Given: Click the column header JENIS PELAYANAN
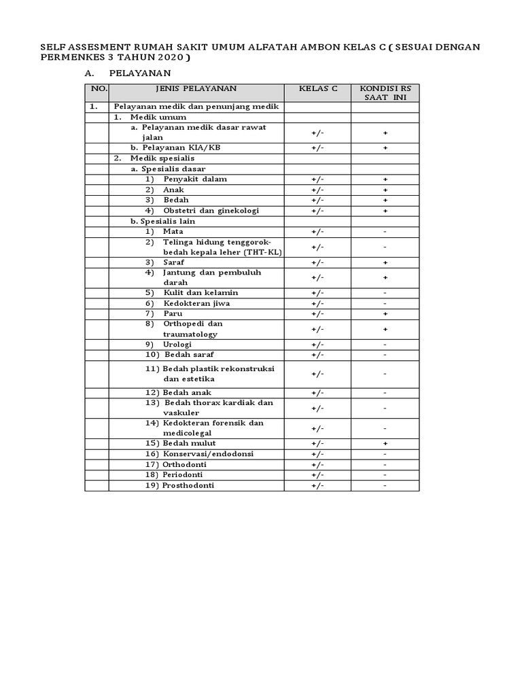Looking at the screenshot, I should tap(196, 88).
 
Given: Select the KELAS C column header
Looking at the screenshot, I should tap(317, 88).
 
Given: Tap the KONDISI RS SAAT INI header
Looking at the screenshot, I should tap(385, 93).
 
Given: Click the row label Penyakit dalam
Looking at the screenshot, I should tap(195, 179).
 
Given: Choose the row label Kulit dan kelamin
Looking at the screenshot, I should tap(201, 293).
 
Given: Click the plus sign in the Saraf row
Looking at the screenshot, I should tap(385, 262).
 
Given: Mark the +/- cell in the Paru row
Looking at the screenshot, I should tap(317, 314).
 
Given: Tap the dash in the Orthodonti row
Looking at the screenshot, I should tap(385, 465).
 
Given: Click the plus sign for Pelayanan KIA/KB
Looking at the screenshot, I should tap(385, 147).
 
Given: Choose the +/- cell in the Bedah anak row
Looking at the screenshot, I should tap(317, 393).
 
